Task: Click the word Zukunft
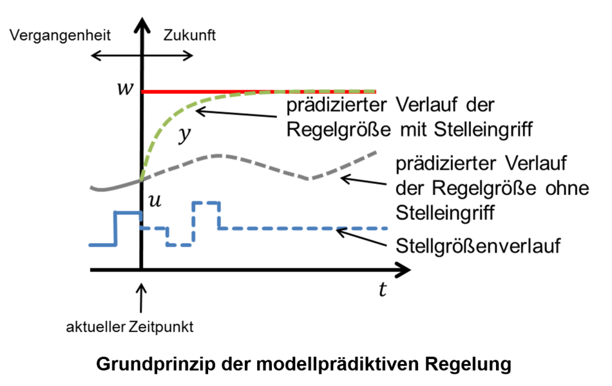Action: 190,35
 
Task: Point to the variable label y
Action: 185,135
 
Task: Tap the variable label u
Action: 155,200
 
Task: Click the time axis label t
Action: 383,290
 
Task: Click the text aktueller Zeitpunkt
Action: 129,327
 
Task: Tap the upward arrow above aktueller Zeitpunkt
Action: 141,297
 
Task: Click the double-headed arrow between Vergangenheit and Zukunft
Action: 141,55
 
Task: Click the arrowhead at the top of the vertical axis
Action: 141,24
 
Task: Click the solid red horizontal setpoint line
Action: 258,91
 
